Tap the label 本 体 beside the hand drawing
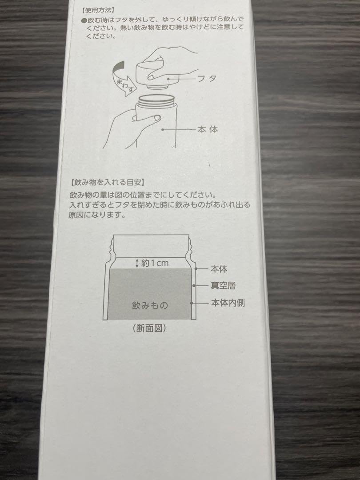pyautogui.click(x=207, y=130)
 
